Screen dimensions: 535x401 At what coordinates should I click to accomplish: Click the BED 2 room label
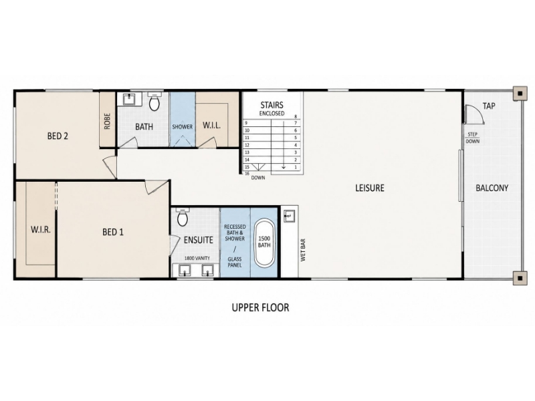[x=58, y=136]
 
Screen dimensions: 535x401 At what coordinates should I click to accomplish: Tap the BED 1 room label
[x=113, y=232]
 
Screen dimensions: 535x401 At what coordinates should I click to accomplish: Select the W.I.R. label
[x=41, y=229]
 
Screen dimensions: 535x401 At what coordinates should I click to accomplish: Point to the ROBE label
[x=108, y=121]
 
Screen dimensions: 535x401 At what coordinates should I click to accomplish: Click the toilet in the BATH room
[x=154, y=102]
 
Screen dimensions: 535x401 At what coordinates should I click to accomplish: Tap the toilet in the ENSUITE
[x=183, y=217]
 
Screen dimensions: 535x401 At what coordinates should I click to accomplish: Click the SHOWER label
[x=182, y=127]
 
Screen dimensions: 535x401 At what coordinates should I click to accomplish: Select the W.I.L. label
[x=211, y=125]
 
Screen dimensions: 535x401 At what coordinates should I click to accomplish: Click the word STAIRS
[x=272, y=105]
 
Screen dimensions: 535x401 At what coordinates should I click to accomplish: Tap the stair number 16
[x=247, y=174]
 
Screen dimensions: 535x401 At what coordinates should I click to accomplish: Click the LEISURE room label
[x=370, y=188]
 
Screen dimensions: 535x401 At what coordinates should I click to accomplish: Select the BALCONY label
[x=492, y=188]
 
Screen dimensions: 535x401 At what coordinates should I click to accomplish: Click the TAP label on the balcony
[x=489, y=106]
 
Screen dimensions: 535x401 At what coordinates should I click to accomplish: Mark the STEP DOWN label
[x=473, y=138]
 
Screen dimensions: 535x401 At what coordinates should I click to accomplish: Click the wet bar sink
[x=290, y=216]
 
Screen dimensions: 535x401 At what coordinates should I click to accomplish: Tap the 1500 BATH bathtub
[x=264, y=243]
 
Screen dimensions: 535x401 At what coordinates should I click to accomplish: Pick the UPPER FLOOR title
[x=260, y=307]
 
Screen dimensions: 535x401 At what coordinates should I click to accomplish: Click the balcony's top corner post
[x=520, y=94]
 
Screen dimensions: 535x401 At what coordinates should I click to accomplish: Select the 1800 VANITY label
[x=197, y=258]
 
